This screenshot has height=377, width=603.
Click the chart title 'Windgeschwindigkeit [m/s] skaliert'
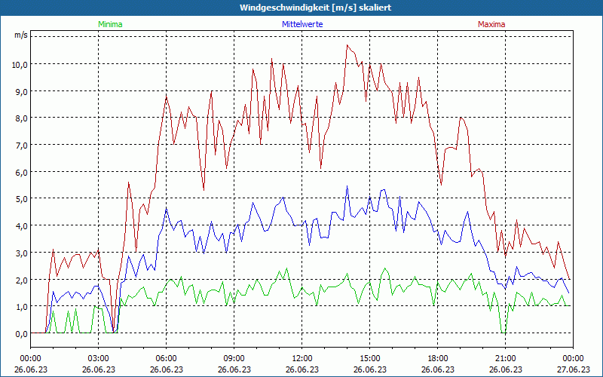(x=301, y=8)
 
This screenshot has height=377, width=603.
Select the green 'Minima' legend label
(x=109, y=24)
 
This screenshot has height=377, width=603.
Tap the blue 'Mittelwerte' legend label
(x=301, y=24)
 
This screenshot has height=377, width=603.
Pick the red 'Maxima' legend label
(x=491, y=24)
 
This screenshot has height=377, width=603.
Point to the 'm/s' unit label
(x=20, y=35)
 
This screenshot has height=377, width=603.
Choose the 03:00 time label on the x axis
(x=99, y=357)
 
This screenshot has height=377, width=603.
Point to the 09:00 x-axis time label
(x=234, y=357)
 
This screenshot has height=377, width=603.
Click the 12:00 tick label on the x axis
(x=301, y=357)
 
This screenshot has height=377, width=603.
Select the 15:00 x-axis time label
(x=369, y=357)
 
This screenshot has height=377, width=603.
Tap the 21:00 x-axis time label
(x=505, y=357)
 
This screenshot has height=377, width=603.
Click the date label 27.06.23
(x=572, y=369)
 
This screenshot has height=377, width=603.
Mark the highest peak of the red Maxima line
(x=347, y=45)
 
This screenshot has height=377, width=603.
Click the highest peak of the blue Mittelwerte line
(x=347, y=186)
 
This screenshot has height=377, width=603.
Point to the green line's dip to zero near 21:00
(x=503, y=332)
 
